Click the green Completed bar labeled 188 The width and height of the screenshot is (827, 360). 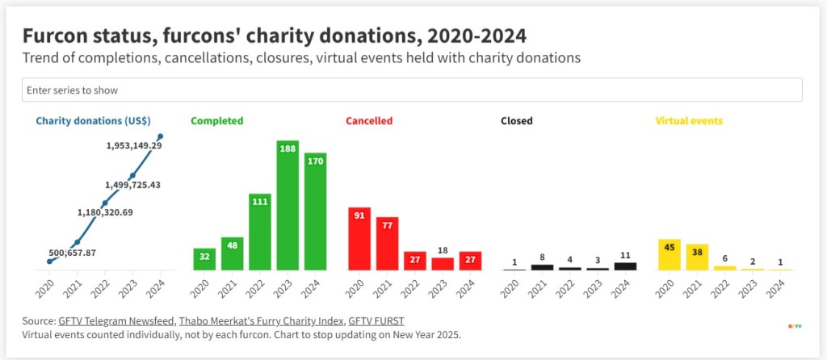[x=288, y=205]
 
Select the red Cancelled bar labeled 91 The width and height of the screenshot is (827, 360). [x=359, y=238]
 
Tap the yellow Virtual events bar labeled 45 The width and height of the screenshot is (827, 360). [x=670, y=254]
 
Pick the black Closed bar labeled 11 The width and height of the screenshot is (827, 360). [x=625, y=266]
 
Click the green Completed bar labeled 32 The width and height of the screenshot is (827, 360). [x=204, y=259]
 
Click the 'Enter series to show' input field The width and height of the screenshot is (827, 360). [x=412, y=90]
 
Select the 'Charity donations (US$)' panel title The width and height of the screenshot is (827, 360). [x=93, y=121]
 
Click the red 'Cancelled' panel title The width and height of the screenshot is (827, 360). [x=369, y=121]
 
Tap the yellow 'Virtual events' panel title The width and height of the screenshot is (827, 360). [x=689, y=121]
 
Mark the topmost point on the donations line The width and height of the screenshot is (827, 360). [x=161, y=136]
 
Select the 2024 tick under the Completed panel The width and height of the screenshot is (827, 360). [x=314, y=288]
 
